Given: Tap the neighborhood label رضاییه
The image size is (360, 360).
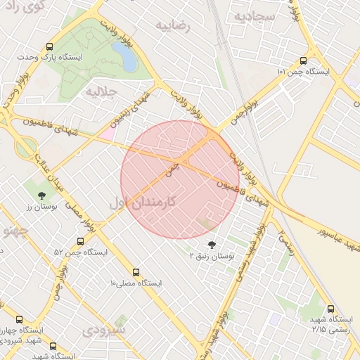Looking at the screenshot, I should tap(174, 26).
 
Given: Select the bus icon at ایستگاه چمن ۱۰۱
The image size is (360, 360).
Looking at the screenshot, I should tap(303, 60).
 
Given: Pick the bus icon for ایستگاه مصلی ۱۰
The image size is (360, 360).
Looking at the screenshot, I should tap(136, 272).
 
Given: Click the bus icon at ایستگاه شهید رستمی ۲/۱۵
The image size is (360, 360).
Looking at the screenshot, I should tap(331, 308).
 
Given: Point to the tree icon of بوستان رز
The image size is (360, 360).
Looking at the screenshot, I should tap(41, 195).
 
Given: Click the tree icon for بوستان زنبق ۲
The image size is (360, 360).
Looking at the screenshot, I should tap(212, 245).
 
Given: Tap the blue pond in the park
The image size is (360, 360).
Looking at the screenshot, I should tap(124, 56).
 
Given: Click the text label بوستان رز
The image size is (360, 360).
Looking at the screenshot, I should tap(40, 207).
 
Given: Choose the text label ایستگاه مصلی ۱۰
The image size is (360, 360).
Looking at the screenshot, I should tap(136, 283).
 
